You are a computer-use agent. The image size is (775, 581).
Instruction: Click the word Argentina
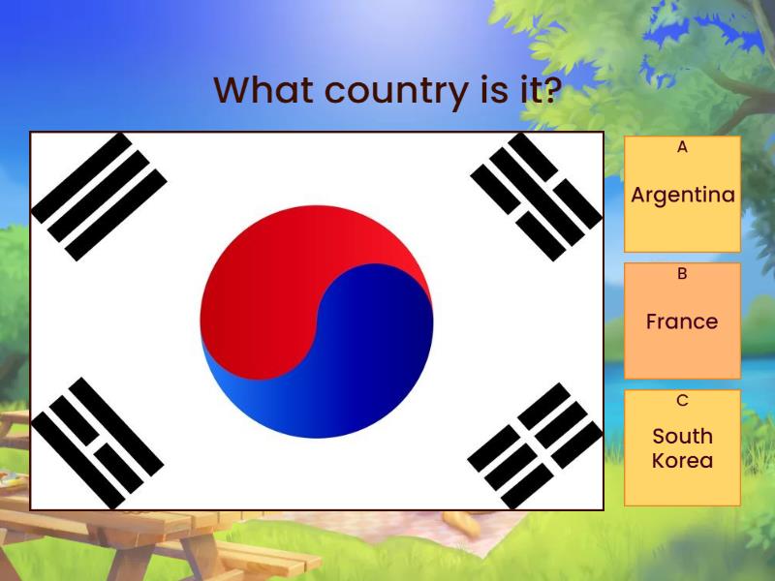click(x=682, y=195)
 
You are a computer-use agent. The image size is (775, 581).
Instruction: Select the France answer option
click(x=682, y=321)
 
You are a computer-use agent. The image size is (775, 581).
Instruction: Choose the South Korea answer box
click(x=682, y=447)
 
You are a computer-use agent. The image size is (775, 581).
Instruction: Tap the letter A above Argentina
click(x=682, y=147)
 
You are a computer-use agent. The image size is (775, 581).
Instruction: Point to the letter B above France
click(x=682, y=274)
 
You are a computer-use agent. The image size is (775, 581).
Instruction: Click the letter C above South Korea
click(x=682, y=400)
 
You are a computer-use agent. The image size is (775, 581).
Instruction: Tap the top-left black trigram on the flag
click(x=99, y=197)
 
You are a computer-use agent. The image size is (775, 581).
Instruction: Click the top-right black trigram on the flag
click(x=536, y=197)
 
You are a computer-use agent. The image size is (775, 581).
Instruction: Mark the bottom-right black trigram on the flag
click(x=535, y=445)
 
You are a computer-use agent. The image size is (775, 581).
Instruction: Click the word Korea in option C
click(x=682, y=461)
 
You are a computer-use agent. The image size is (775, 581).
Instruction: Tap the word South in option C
click(x=682, y=436)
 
